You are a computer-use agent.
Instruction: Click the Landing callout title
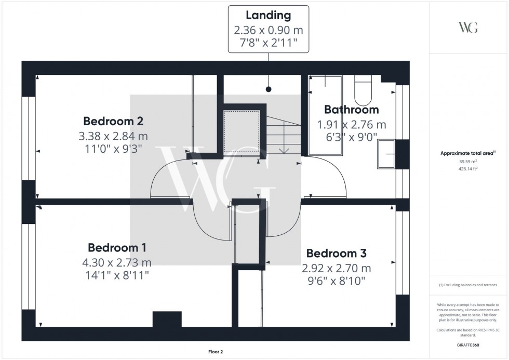269,16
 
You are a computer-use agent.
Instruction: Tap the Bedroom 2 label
113,122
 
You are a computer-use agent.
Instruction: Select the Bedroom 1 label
117,247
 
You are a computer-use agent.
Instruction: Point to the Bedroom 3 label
336,254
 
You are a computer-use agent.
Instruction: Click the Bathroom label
351,110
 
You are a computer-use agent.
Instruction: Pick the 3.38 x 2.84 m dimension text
113,136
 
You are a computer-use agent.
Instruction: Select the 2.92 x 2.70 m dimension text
337,269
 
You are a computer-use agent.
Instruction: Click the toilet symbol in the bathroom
364,89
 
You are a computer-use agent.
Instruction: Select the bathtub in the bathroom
325,115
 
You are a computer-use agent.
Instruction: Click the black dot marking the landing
269,89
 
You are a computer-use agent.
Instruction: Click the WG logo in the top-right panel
468,28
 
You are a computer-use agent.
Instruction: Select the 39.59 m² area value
468,162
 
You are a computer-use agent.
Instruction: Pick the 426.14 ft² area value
468,169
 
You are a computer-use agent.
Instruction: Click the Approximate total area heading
468,153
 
